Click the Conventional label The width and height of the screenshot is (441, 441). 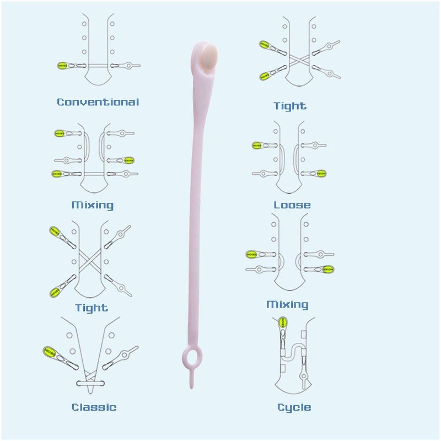(98, 102)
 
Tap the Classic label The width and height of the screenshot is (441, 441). (94, 407)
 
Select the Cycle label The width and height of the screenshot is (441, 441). (294, 407)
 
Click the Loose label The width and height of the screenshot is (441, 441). (292, 205)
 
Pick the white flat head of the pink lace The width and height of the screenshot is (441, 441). (209, 57)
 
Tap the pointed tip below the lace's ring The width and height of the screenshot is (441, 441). (191, 388)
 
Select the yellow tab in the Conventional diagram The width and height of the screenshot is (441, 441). (62, 66)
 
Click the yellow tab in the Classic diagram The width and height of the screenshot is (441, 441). (49, 352)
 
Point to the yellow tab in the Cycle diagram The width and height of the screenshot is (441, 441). (282, 322)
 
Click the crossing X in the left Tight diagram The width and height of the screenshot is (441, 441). (90, 261)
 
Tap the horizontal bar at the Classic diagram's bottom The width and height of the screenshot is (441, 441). (90, 383)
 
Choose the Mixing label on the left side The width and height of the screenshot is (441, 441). (93, 205)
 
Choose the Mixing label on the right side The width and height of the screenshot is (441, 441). (287, 304)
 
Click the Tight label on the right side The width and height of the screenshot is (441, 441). (290, 106)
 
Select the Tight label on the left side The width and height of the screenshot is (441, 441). (92, 308)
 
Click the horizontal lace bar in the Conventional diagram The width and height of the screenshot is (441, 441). (98, 66)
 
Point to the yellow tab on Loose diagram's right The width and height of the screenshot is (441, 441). (321, 174)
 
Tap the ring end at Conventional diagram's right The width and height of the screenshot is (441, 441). (128, 66)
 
